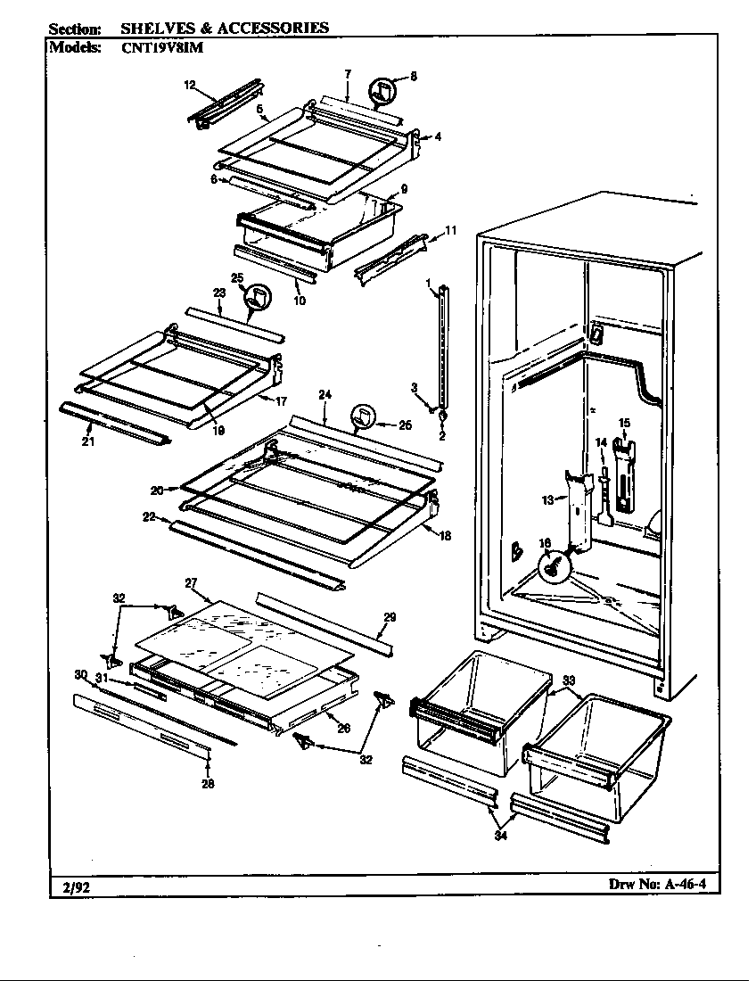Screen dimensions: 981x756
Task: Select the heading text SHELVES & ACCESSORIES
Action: pos(224,28)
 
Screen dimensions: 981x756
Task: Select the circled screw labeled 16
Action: pos(553,565)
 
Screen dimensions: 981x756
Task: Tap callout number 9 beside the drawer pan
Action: pos(404,189)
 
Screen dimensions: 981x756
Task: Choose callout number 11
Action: pos(450,230)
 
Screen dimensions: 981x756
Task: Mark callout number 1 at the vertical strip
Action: pos(429,284)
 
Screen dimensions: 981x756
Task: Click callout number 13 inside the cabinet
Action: pos(547,500)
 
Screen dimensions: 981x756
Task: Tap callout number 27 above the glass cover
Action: pos(191,582)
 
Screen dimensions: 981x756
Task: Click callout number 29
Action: pos(389,617)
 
